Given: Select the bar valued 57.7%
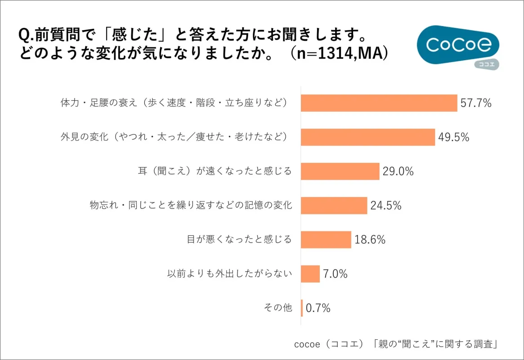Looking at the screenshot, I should click(379, 103).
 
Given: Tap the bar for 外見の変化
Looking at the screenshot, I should click(367, 137).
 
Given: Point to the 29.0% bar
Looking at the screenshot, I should click(340, 171).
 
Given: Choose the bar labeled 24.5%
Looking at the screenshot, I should click(334, 206).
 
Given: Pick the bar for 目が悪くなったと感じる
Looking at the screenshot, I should click(326, 240).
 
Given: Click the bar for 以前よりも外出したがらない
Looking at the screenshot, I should click(310, 274).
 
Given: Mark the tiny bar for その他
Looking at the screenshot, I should click(302, 308).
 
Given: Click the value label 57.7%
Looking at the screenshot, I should click(476, 103).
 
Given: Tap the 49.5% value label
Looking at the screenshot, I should click(453, 137).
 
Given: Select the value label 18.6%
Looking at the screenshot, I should click(370, 240).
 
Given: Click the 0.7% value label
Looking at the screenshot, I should click(318, 308).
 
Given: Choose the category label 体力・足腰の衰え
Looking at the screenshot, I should click(174, 103).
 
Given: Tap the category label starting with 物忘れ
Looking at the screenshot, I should click(191, 206).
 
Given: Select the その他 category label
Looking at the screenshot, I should click(278, 308).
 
